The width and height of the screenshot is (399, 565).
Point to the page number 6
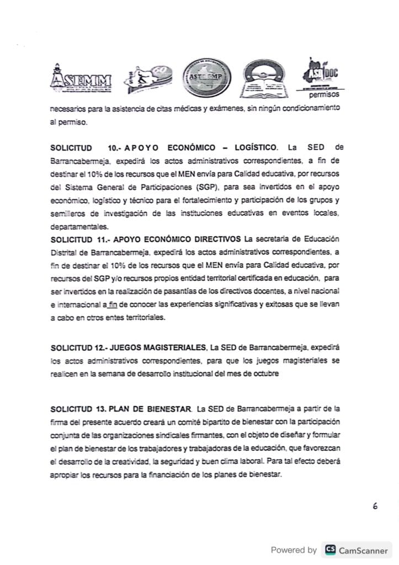point(375,507)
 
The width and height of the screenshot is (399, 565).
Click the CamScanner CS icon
point(330,550)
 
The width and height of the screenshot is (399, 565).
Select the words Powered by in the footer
point(293,550)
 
